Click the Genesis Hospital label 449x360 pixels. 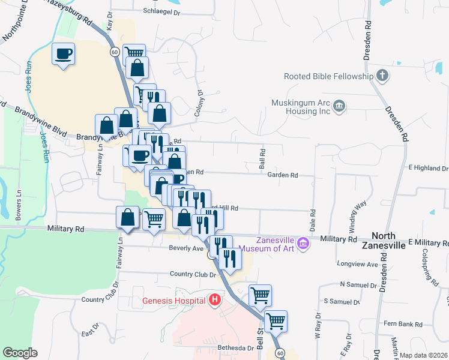175,300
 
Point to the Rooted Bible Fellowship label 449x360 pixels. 328,76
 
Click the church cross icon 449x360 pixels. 382,76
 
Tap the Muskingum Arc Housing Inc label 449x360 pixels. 300,106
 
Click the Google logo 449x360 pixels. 20,353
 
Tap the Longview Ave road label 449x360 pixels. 358,264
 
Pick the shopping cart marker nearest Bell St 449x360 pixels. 260,295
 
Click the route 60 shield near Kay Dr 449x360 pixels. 113,52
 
